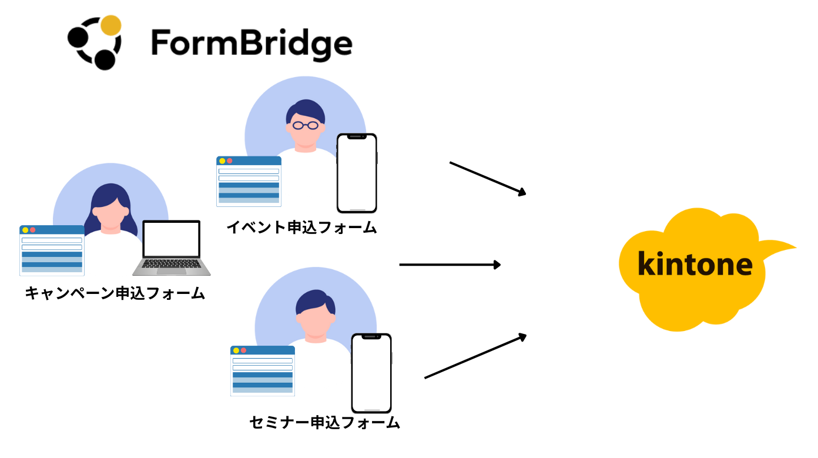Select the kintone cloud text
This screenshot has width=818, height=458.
point(695,265)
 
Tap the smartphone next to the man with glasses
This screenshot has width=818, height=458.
point(357,173)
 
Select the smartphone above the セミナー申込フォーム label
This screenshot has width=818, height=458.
point(371,373)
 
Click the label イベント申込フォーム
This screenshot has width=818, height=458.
point(301,228)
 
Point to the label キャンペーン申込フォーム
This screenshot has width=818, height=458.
point(115,293)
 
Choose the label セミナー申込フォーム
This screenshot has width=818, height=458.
point(325,423)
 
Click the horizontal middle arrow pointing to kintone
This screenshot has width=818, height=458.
point(450,265)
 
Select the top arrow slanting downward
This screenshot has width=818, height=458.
point(487,178)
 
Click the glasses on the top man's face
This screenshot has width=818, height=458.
point(306,125)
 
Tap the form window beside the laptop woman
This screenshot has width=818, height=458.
point(52,250)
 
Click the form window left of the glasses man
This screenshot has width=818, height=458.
point(249,182)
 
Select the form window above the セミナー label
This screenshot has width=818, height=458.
point(263,371)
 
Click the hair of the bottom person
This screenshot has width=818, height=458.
point(315,301)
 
